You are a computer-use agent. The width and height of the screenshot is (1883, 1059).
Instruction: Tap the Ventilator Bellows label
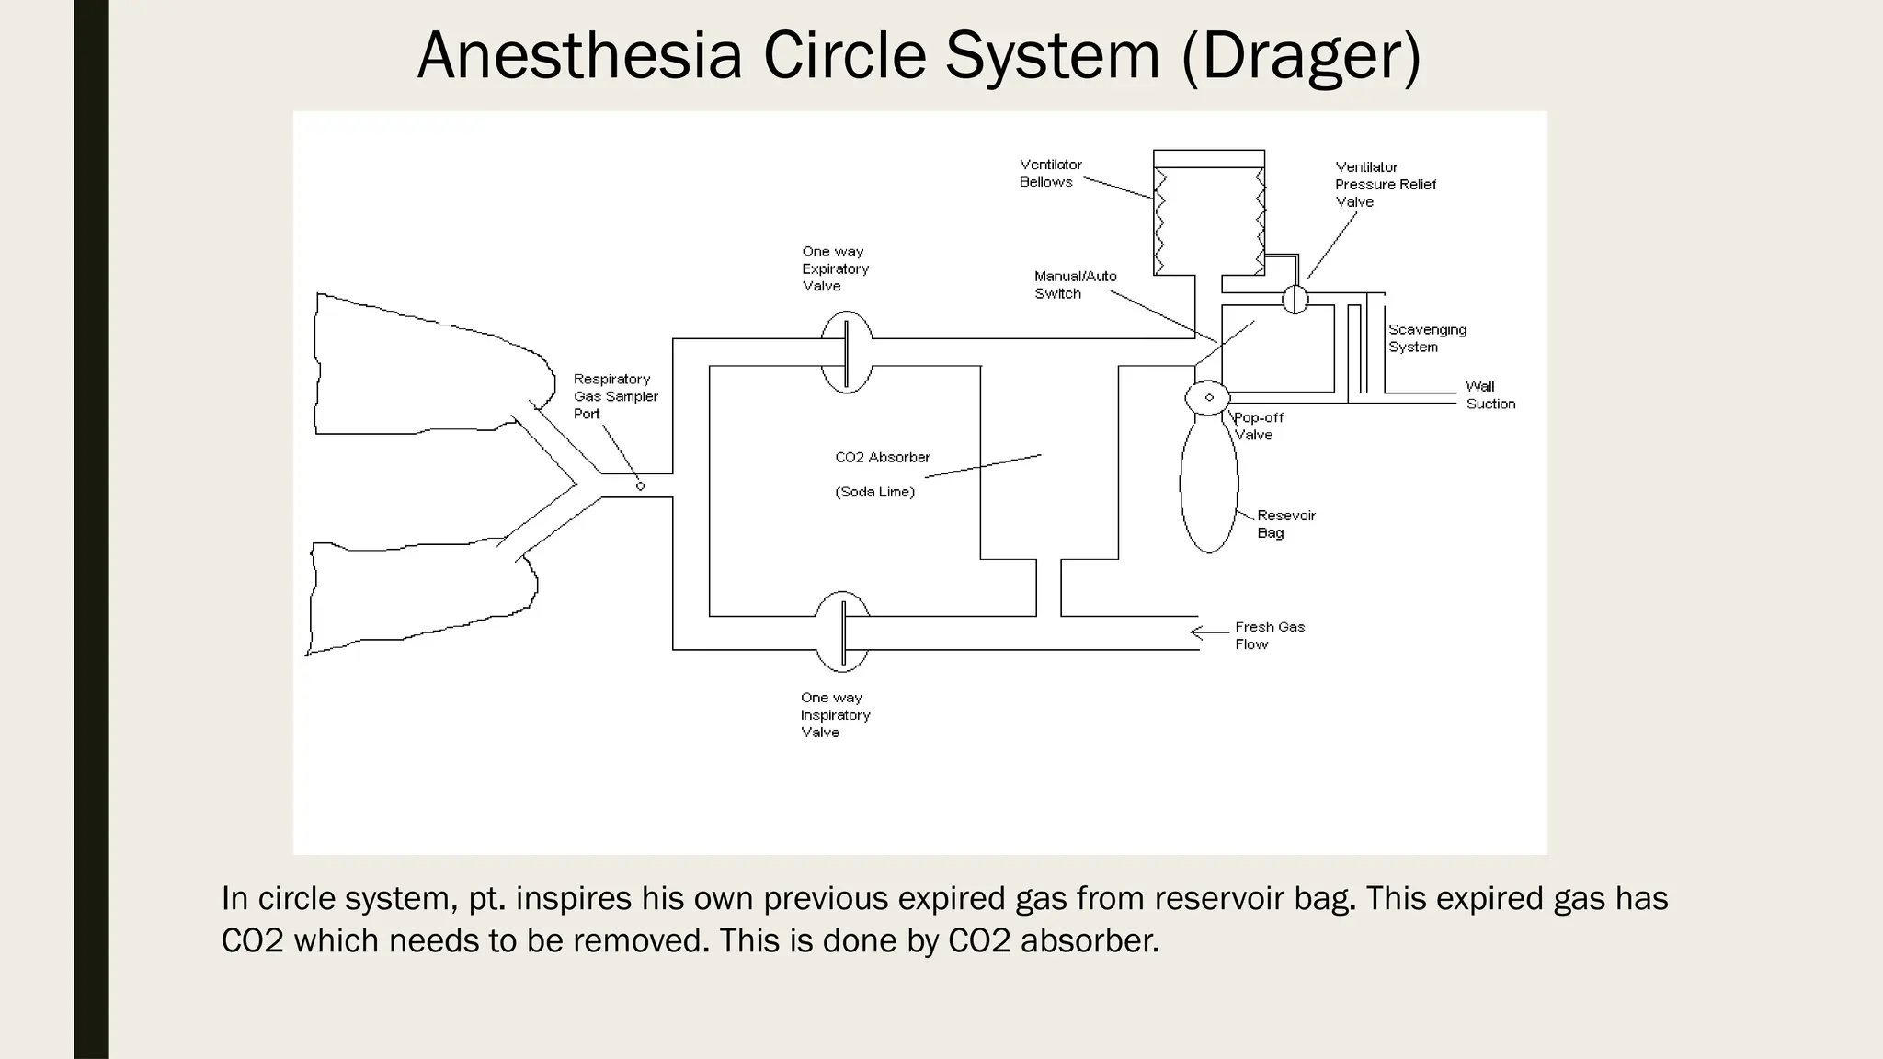(x=1050, y=173)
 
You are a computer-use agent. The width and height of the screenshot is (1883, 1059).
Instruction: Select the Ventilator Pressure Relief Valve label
(x=1385, y=184)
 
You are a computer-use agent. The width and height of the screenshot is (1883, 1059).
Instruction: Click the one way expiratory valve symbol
(x=846, y=352)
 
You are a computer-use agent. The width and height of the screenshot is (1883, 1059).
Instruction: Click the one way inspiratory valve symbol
(x=842, y=632)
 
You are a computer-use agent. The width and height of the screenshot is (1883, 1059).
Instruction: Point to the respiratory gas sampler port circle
(x=641, y=486)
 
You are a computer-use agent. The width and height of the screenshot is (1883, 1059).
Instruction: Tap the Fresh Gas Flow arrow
(x=1208, y=632)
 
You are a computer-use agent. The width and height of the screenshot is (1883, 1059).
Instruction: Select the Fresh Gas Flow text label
(x=1269, y=635)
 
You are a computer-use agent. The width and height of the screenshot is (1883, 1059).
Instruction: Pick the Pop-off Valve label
(x=1258, y=426)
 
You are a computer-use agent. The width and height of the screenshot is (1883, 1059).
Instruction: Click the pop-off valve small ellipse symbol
(x=1208, y=397)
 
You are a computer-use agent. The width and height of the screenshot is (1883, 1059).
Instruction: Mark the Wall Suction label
(x=1489, y=395)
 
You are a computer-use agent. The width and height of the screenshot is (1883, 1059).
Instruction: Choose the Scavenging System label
(x=1427, y=338)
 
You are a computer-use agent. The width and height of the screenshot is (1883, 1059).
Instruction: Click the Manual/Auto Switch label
(x=1075, y=285)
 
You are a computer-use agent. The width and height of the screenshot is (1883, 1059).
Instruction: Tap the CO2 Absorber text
(x=882, y=457)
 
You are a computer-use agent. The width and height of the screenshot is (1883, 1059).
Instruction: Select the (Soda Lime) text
(x=874, y=492)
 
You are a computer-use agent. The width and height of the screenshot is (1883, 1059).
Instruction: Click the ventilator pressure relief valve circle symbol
(x=1295, y=299)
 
